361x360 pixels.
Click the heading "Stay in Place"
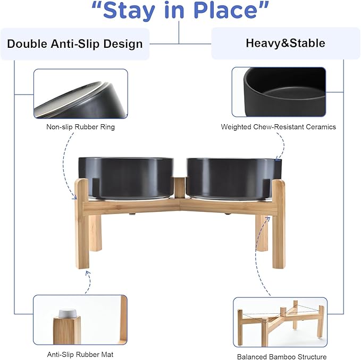click(x=180, y=11)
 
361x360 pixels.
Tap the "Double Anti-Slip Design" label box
click(x=75, y=44)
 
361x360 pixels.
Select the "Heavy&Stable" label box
click(x=285, y=43)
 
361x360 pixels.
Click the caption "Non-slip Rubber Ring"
click(x=80, y=127)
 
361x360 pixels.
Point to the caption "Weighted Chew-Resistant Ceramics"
click(x=278, y=127)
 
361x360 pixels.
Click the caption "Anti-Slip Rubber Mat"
click(x=80, y=354)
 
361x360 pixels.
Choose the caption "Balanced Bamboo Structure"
click(x=281, y=357)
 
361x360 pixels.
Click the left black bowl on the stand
click(x=126, y=177)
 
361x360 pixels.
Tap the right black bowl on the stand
click(x=232, y=178)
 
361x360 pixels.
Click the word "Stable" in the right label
click(x=308, y=43)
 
